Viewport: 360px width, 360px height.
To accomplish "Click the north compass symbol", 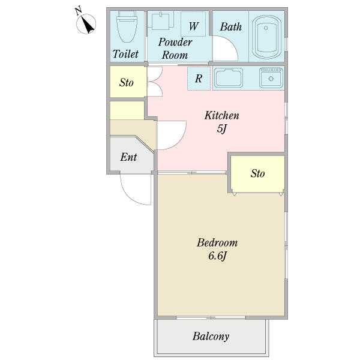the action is pos(86,23).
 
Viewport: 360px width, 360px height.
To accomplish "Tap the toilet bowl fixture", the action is pos(127,26).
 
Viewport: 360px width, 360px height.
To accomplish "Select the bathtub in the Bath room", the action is pos(267,38).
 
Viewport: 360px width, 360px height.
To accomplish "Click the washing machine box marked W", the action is pos(193,24).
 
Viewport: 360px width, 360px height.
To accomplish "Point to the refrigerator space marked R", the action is pos(199,79).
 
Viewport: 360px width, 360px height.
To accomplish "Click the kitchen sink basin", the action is pos(228,77).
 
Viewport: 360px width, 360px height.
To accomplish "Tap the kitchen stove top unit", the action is pos(271,77).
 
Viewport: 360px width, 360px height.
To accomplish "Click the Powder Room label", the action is pos(175,49).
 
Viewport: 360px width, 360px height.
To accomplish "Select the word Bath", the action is pos(231,26).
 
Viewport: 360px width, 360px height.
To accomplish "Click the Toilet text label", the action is pos(125,54).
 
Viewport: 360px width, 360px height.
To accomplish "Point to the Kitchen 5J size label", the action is pos(222,122).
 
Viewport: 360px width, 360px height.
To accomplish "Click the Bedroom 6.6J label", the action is pos(217,250).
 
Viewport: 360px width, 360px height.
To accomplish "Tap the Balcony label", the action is pos(211,337).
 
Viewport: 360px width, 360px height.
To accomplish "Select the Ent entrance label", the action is pos(128,157).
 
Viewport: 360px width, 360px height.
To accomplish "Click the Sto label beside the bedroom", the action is pos(257,173).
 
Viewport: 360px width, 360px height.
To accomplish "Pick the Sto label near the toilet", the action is pos(126,82).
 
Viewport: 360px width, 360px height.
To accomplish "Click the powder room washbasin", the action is pos(160,21).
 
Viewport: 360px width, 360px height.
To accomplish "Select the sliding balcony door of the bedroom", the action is pos(211,317).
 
